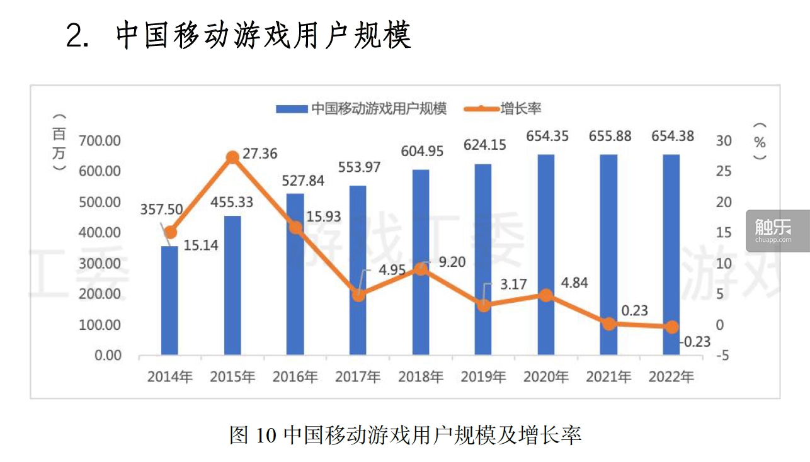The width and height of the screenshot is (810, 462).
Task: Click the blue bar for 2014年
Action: coord(169,301)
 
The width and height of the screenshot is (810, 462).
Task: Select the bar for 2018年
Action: coord(420,262)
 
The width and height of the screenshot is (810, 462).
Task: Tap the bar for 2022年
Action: coord(671,255)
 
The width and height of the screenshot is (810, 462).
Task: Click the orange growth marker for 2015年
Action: coord(232,157)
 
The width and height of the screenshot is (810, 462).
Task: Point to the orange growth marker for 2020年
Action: coord(545,295)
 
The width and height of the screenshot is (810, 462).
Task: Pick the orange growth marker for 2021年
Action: coord(608,324)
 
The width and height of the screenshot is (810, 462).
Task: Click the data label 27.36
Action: coord(260,154)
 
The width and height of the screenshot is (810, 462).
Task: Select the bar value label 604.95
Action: coord(422,151)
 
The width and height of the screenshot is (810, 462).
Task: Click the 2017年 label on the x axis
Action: coord(358,377)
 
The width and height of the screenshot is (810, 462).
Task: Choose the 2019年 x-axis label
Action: coord(483,377)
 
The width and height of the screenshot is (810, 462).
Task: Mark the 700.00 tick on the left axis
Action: coord(100,140)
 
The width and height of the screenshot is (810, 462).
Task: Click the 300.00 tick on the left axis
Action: coord(100,264)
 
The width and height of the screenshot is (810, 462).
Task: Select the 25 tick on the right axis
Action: coord(724,171)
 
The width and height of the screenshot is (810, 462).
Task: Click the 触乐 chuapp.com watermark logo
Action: coord(777,230)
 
